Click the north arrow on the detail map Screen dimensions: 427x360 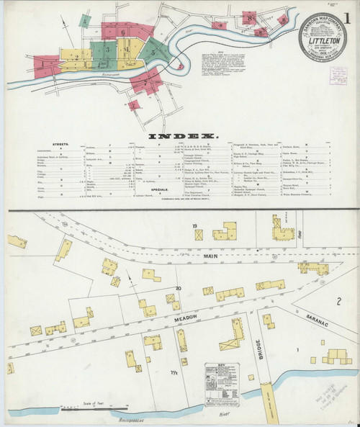click(x=127, y=277)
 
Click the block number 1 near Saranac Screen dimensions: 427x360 click(x=297, y=350)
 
